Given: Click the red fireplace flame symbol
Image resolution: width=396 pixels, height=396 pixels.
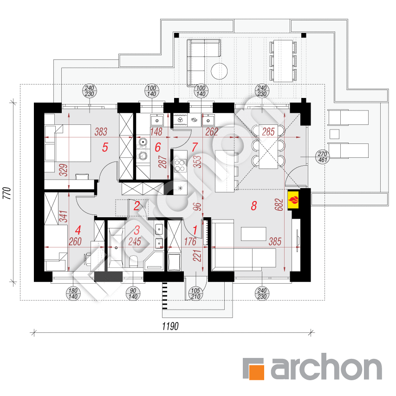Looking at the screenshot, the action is pyautogui.click(x=293, y=200).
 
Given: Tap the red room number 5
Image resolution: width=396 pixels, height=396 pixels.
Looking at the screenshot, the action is pyautogui.click(x=105, y=147).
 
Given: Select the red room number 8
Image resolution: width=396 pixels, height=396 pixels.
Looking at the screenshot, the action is pyautogui.click(x=254, y=206).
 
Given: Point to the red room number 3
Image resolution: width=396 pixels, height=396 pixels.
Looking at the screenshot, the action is pyautogui.click(x=137, y=230).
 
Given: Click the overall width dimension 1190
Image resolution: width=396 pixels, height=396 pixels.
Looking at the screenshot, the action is pyautogui.click(x=170, y=326).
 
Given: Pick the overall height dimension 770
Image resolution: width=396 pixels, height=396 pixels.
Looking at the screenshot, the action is pyautogui.click(x=7, y=193).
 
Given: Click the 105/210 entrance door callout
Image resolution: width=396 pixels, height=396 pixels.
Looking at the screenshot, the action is pyautogui.click(x=195, y=293).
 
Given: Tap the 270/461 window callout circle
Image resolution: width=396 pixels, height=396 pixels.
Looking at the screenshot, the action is pyautogui.click(x=323, y=157).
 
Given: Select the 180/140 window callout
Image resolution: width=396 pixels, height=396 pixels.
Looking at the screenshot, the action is pyautogui.click(x=73, y=293).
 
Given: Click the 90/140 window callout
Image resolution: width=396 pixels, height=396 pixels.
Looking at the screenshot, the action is pyautogui.click(x=133, y=293).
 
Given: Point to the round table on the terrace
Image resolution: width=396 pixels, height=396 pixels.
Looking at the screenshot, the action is pyautogui.click(x=219, y=71).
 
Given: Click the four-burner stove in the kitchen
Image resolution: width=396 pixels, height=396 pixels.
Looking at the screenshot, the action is pyautogui.click(x=180, y=165).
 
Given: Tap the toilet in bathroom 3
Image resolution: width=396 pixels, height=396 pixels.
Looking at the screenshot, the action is pyautogui.click(x=133, y=261).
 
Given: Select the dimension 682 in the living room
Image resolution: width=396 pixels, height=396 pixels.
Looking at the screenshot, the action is pyautogui.click(x=279, y=205).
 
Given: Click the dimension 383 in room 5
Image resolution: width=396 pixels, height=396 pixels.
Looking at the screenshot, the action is pyautogui.click(x=101, y=131).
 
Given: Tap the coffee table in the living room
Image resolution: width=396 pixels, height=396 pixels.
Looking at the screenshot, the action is pyautogui.click(x=253, y=234).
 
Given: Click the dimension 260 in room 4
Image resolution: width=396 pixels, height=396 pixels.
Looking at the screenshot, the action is pyautogui.click(x=75, y=242).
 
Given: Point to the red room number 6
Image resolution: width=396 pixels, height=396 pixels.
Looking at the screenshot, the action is pyautogui.click(x=158, y=147).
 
